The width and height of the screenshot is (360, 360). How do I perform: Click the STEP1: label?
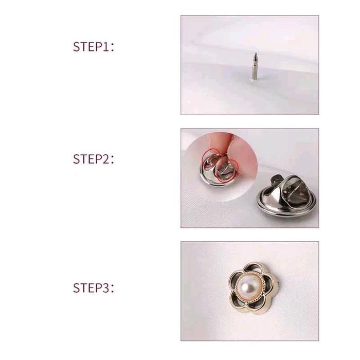tap(94, 47)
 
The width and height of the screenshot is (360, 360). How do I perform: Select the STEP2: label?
tap(94, 159)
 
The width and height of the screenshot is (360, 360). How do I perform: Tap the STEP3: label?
tap(94, 288)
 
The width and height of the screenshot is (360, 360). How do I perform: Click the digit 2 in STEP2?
tap(105, 159)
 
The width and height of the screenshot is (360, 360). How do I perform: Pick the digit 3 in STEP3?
tap(105, 288)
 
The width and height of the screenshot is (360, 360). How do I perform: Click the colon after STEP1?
tap(112, 48)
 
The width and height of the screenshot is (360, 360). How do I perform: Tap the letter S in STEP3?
tap(77, 288)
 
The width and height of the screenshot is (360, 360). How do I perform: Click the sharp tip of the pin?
tap(255, 53)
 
